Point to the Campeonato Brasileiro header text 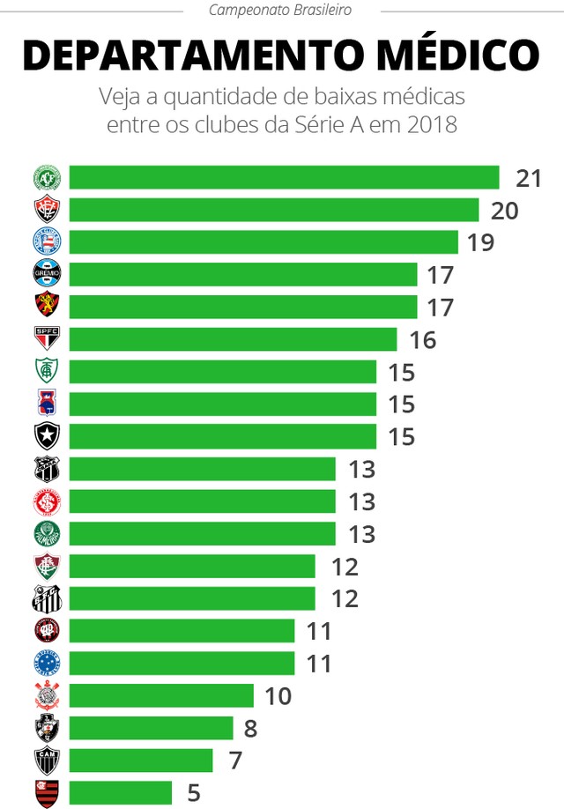(x=280, y=11)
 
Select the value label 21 (x=529, y=178)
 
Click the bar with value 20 (x=274, y=210)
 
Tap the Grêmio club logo (x=47, y=274)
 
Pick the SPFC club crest (x=47, y=338)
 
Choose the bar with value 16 (x=234, y=339)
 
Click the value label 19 (x=480, y=242)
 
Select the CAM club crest (x=47, y=760)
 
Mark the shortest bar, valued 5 (x=121, y=792)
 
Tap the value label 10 (x=278, y=695)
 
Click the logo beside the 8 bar (x=47, y=728)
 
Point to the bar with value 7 (x=141, y=760)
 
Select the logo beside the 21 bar (x=47, y=177)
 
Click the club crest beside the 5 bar (x=47, y=792)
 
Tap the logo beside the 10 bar (x=47, y=695)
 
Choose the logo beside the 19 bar (x=47, y=241)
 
